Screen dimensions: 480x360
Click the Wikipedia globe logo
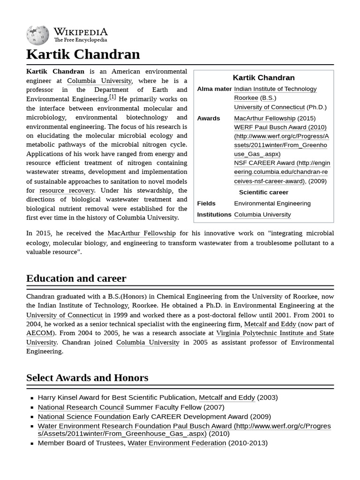(37, 35)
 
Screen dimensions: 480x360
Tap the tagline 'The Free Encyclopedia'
(80, 40)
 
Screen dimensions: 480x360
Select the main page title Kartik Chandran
(83, 54)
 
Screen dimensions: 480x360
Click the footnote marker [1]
(112, 97)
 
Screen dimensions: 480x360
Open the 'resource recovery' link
(67, 190)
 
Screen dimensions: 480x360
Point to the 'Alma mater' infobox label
(214, 89)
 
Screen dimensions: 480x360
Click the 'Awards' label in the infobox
(209, 118)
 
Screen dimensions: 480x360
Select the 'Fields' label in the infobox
(206, 203)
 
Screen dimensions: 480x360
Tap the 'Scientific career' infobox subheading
(263, 192)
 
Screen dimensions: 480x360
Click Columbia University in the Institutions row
(262, 215)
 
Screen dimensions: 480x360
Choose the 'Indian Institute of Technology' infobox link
(275, 89)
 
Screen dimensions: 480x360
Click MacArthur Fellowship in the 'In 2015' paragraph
(142, 233)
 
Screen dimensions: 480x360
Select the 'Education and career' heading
(76, 278)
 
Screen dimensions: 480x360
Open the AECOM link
(39, 333)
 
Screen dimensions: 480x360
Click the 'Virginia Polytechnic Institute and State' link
(275, 333)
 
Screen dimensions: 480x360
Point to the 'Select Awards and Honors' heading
(87, 378)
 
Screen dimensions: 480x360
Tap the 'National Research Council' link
(81, 407)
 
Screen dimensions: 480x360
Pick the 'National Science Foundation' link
(84, 417)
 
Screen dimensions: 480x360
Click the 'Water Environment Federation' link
(177, 443)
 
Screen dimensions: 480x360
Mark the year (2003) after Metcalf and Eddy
(267, 397)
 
